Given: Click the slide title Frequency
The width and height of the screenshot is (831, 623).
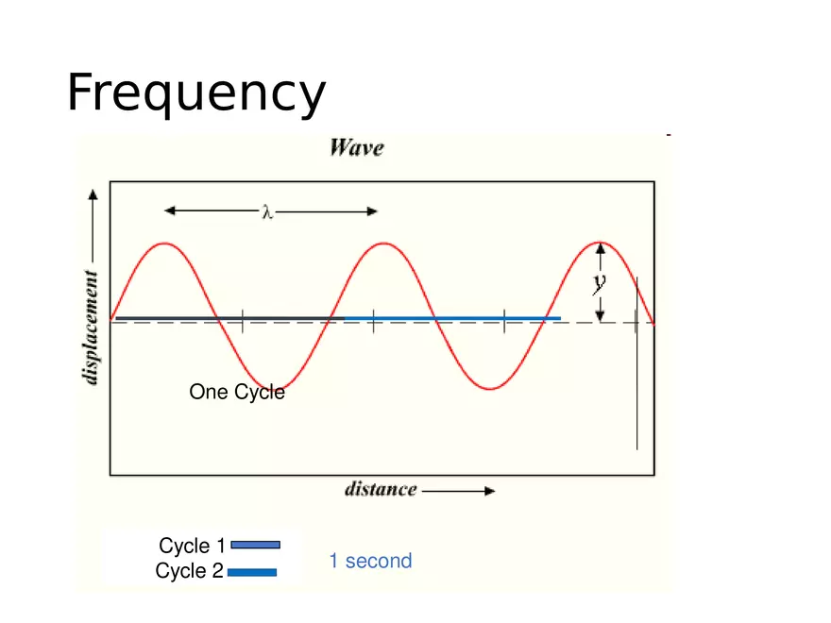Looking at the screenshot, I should pos(196,93).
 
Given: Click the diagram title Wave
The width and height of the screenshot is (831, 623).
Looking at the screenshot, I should pos(356,148).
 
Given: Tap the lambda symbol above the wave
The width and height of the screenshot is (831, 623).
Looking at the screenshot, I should pos(267,212).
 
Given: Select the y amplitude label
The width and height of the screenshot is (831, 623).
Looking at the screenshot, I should pos(598,281).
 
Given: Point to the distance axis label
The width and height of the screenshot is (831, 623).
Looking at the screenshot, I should pos(381,489).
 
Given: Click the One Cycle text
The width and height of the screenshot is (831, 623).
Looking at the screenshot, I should pos(237,392).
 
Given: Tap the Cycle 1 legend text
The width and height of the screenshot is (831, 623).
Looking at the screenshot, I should pos(192,546).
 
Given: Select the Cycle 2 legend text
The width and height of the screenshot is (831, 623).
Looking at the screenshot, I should pos(190,571).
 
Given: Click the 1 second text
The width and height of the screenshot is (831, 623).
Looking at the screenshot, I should pos(370,561).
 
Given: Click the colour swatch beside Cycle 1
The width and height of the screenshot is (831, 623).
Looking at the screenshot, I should pos(255,545).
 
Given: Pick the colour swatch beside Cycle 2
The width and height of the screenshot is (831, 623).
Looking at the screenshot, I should pos(252,571).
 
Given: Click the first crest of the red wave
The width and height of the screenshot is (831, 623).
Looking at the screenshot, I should pos(166,244).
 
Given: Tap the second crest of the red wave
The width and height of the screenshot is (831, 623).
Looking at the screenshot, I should pos(383,244).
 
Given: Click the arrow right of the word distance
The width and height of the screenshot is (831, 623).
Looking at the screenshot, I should pos(458,491).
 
